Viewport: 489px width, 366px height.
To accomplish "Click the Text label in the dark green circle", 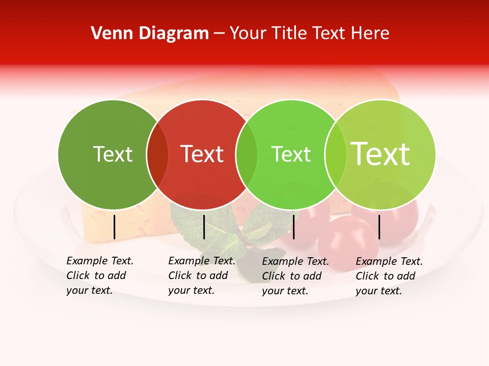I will (113, 154).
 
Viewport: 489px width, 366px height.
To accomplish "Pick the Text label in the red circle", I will (202, 154).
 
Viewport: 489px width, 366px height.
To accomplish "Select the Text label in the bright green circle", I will (291, 154).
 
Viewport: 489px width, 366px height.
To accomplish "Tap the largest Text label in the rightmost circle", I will (381, 154).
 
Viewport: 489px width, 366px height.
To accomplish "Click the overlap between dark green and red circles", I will (157, 155).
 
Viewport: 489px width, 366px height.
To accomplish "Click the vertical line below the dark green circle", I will (114, 227).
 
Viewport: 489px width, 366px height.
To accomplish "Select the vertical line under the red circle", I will (204, 227).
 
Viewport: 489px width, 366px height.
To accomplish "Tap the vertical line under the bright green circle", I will (293, 227).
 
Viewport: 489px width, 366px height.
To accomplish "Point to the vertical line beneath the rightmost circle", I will (379, 227).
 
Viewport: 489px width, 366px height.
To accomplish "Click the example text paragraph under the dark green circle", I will (100, 276).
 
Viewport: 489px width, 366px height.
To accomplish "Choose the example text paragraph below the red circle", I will (202, 276).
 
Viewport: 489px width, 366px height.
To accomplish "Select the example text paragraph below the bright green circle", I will (295, 276).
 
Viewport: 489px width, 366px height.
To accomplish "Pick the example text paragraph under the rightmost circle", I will (389, 276).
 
